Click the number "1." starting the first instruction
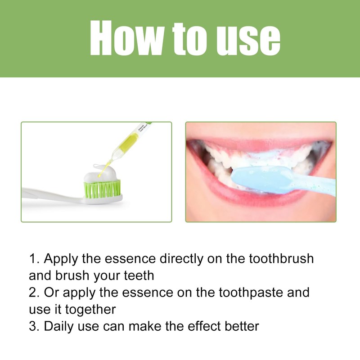34,259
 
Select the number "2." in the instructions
34,292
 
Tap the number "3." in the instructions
34,326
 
